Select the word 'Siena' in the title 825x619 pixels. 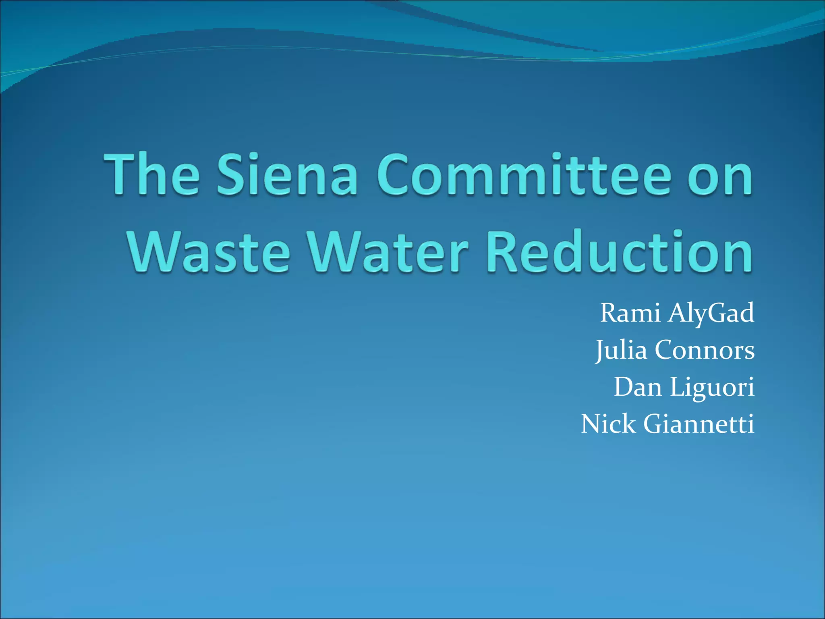coord(287,175)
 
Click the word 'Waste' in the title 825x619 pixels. coord(209,252)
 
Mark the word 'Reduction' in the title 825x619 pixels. coord(619,252)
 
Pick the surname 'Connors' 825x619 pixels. coord(705,350)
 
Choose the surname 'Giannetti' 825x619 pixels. coord(699,424)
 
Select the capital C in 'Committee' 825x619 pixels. coord(394,175)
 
